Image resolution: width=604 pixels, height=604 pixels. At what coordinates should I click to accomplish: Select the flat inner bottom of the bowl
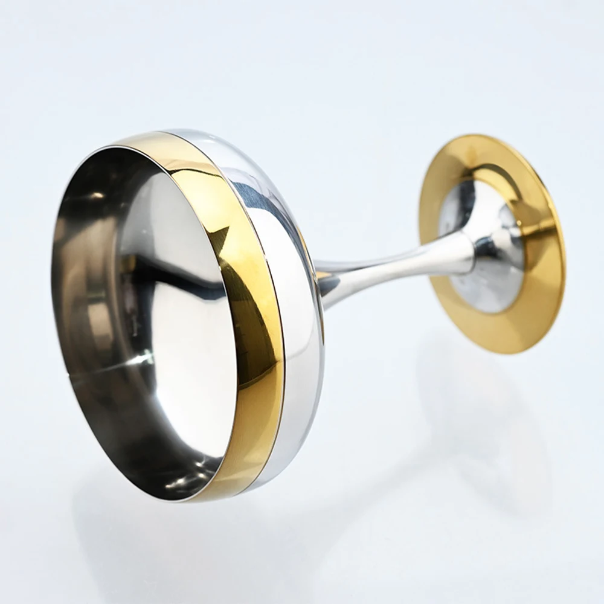coord(181,314)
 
